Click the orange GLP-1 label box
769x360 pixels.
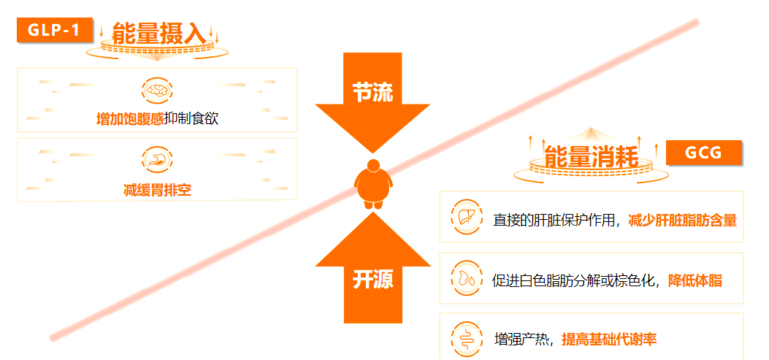tap(55, 29)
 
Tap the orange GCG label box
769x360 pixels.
tap(704, 152)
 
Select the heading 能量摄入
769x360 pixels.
tap(158, 34)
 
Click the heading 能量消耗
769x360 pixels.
tap(592, 157)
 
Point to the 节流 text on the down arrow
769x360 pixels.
tap(372, 92)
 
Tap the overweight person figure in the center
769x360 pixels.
tap(374, 184)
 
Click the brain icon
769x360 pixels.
tap(158, 91)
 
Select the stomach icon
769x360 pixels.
tap(158, 160)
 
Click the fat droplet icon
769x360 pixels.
tap(465, 278)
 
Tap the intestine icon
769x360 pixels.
tap(465, 338)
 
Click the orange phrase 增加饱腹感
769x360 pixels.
tap(130, 119)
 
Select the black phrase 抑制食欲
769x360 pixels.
tap(191, 119)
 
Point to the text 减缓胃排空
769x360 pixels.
tap(158, 189)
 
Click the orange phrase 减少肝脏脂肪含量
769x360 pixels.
tap(683, 221)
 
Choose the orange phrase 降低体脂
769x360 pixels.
tap(695, 281)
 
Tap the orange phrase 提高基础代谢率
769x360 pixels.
tap(609, 339)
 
